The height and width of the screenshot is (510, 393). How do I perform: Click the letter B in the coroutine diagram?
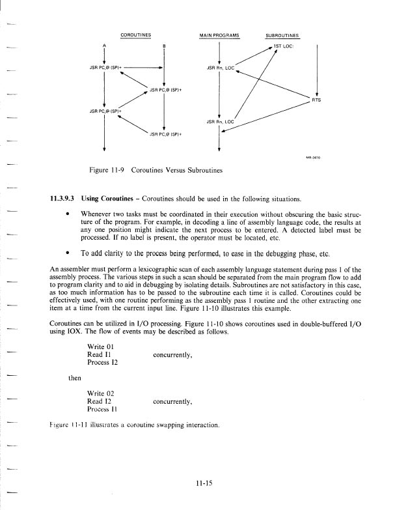pyautogui.click(x=163, y=46)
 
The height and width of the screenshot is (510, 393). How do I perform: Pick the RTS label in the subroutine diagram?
pyautogui.click(x=317, y=100)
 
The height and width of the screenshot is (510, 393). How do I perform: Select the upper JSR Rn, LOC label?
pyautogui.click(x=221, y=67)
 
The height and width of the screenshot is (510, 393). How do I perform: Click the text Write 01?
pyautogui.click(x=101, y=346)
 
